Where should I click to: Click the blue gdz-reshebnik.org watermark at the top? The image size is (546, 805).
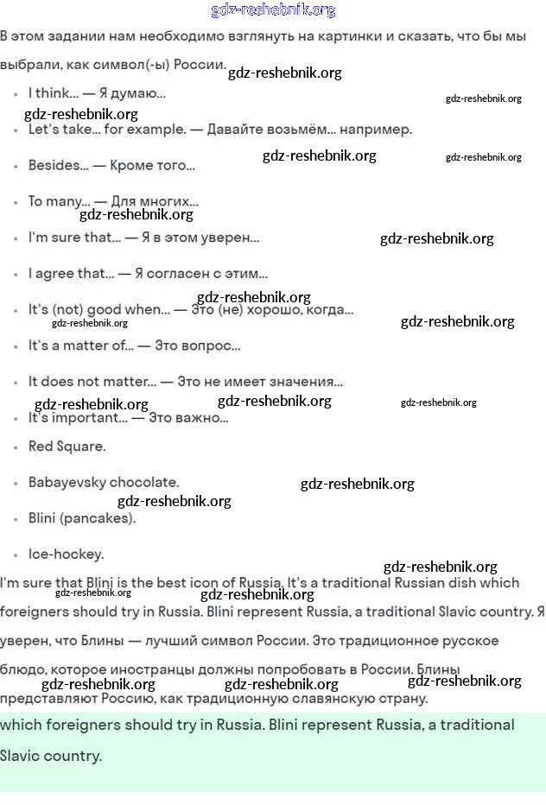point(273,10)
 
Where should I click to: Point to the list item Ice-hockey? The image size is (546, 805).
point(66,555)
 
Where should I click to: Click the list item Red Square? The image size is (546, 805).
point(67,447)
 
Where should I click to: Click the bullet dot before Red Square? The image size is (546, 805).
point(16,447)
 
